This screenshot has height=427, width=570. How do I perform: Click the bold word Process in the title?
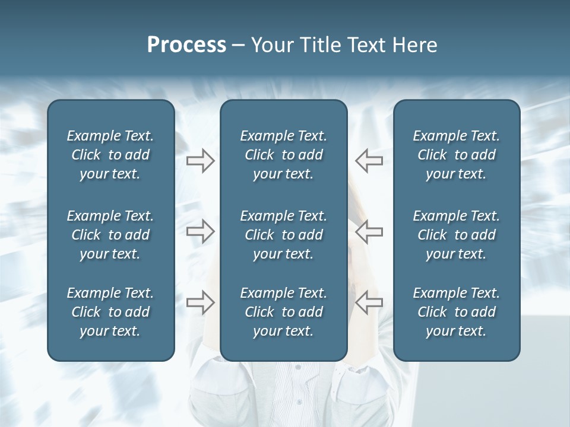coord(186,45)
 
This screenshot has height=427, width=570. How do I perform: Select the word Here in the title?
coord(415,45)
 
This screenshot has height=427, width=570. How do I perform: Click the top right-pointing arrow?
coord(200,161)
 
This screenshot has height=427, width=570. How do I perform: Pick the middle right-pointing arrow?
coord(200,231)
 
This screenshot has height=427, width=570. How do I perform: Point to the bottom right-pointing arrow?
coord(200,302)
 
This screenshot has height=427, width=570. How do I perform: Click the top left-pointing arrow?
coord(369,161)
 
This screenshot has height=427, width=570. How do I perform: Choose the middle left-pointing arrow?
coord(369,231)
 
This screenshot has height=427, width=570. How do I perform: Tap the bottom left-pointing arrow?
coord(369,302)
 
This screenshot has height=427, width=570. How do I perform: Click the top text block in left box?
coord(110,155)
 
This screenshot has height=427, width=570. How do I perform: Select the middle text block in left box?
coord(110,235)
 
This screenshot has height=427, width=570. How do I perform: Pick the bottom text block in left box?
coord(110,312)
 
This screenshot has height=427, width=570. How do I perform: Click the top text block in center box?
coord(283,155)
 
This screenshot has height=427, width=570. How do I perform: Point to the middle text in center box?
coord(283,235)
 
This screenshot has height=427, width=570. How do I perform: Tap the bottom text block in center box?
coord(283,312)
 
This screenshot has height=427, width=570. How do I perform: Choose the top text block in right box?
coord(456,155)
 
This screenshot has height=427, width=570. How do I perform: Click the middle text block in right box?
coord(456,235)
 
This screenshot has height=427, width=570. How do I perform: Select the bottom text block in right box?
coord(456,312)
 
